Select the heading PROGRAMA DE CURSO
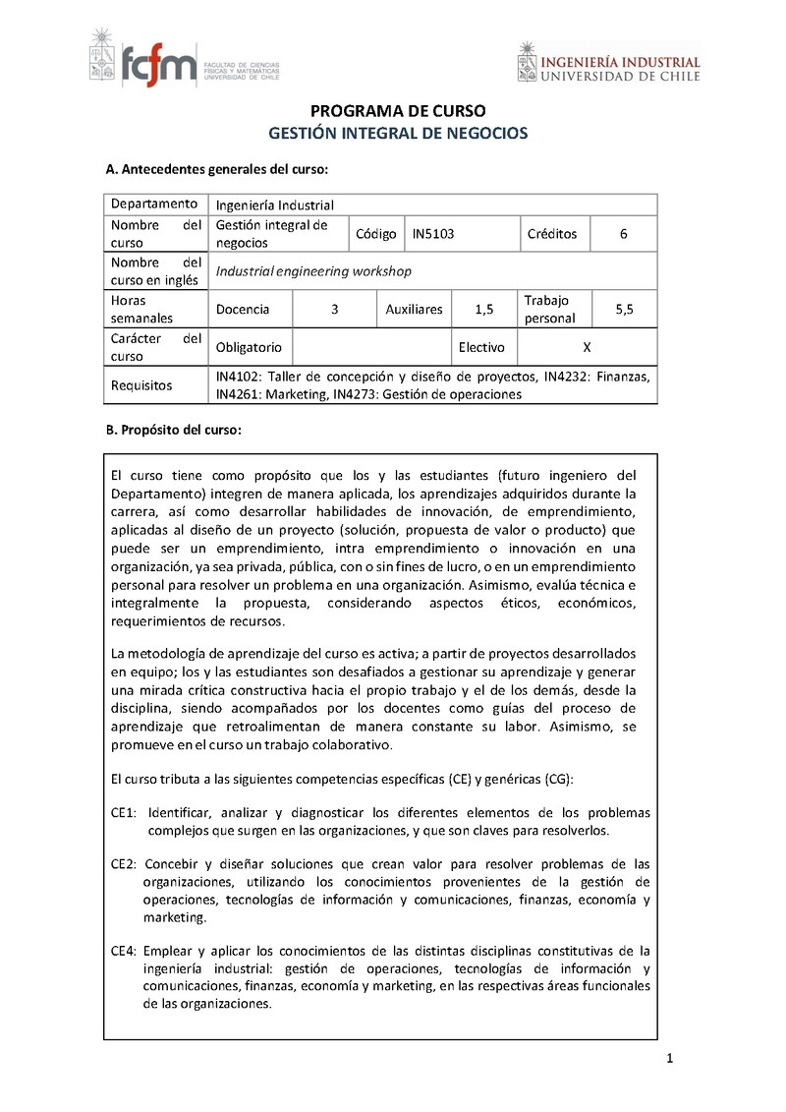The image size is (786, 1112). point(398,111)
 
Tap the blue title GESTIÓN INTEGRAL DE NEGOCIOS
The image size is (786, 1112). point(398,133)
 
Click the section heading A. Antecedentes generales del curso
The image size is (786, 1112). point(216,170)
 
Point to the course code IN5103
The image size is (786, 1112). point(433,234)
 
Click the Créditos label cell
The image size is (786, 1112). point(552,234)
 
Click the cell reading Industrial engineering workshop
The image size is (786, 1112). point(313,271)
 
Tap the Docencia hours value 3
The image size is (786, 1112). point(335,309)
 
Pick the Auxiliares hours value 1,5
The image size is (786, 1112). point(483,309)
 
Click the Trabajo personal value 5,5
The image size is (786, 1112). point(624,309)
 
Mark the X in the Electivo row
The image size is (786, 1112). point(587,347)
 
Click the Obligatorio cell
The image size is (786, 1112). point(249,347)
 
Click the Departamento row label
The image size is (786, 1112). point(153,205)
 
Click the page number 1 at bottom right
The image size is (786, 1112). point(669,1059)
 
